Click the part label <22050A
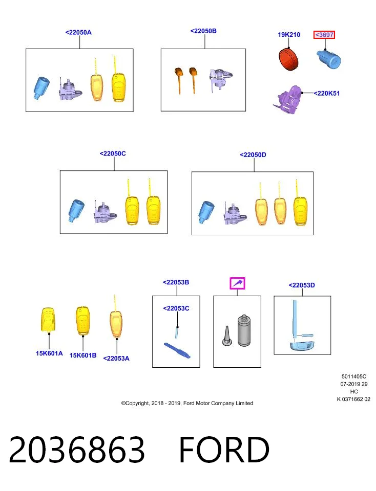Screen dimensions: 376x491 click(78, 33)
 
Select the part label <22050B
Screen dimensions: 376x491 click(203, 31)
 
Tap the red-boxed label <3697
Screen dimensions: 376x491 click(324, 35)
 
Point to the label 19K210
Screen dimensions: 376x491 click(289, 35)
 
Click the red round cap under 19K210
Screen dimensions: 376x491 click(288, 59)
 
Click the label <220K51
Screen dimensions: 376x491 click(327, 93)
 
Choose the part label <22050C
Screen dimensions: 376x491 click(113, 153)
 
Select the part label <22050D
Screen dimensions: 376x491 click(253, 154)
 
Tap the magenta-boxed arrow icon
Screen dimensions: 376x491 click(237, 283)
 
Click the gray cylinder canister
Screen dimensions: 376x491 click(244, 330)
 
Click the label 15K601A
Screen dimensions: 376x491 click(49, 353)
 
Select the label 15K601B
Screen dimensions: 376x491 click(83, 355)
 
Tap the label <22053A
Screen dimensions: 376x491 click(116, 359)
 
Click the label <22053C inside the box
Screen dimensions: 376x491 click(176, 308)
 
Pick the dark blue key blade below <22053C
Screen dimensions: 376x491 click(177, 351)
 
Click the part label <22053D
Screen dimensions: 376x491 click(302, 285)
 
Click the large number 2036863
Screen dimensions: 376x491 click(77, 450)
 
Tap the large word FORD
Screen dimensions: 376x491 click(224, 450)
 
